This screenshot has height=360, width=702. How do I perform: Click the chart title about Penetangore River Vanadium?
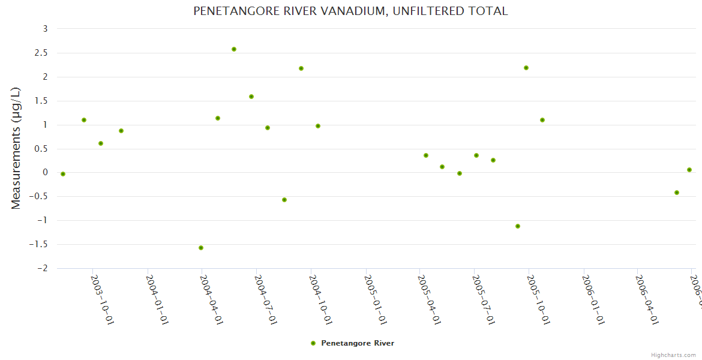coord(350,11)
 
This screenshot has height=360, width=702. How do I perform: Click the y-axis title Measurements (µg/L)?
coord(16,148)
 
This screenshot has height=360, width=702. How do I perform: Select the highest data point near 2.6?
coord(234,49)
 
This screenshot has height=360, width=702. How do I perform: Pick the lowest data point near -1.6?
coord(201,248)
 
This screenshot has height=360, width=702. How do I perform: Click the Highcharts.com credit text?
coord(673,355)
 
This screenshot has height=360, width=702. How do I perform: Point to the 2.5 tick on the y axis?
coord(42,53)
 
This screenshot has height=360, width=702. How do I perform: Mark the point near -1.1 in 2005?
coord(518,226)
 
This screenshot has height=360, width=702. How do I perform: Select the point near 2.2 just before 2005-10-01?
coord(526,68)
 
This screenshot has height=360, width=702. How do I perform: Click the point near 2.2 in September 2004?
coord(301,68)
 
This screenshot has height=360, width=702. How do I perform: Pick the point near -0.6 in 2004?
coord(284,200)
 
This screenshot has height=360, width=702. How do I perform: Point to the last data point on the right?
coord(689,170)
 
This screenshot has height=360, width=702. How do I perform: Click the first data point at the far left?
coord(63,174)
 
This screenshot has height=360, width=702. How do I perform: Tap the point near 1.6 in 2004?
coord(251,97)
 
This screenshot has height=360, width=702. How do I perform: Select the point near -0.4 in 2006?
coord(677,193)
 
